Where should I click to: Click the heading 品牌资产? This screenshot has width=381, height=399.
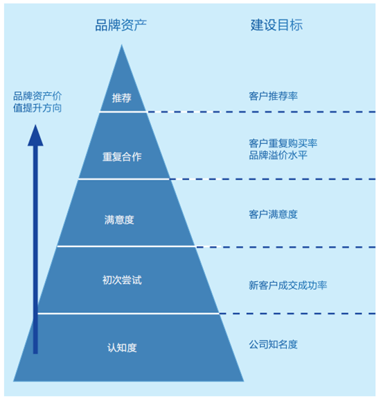coord(121,25)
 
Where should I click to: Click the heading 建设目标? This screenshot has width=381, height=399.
coord(276,25)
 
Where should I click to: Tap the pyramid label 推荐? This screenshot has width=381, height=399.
coord(122,98)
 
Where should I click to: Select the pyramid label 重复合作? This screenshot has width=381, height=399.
coord(122,157)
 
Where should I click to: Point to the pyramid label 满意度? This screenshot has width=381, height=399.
coord(119,219)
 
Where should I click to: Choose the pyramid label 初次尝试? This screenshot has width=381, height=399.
coord(122,280)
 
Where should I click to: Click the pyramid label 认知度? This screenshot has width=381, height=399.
coord(122,348)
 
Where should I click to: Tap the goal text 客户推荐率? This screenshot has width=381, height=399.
coord(273,96)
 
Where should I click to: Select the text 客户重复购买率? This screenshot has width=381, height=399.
coord(283,143)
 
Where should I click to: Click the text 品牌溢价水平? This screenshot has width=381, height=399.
coord(278,155)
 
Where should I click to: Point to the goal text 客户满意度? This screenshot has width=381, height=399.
coord(273,214)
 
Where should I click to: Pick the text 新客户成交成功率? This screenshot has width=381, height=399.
coord(287,285)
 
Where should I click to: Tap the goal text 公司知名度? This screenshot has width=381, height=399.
coord(273,344)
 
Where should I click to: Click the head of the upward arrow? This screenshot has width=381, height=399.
coord(35,135)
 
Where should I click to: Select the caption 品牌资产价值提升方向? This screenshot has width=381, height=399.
coord(37,102)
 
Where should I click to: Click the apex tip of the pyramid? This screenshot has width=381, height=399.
coord(122,44)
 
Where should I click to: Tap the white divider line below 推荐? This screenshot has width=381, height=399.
coord(123,112)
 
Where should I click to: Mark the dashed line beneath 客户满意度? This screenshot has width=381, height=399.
coord(285,247)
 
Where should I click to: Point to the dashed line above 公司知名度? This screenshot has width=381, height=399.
coord(297,314)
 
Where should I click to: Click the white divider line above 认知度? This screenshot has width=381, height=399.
coord(128,314)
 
